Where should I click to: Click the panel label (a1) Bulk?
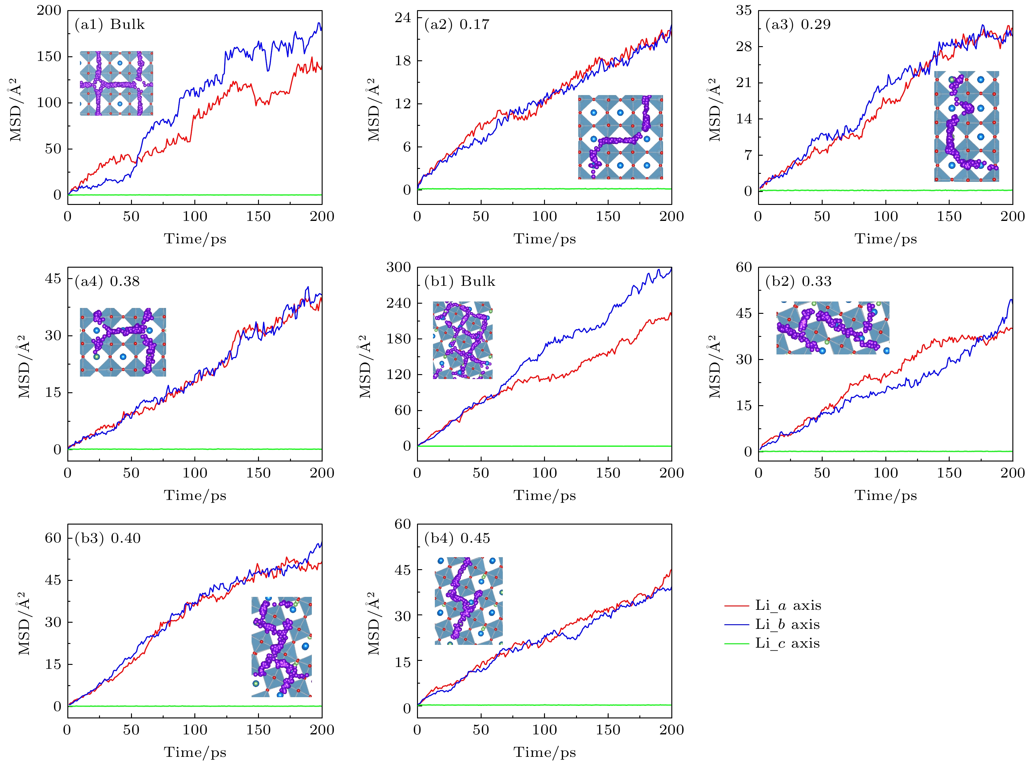(110, 25)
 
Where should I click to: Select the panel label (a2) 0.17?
(457, 25)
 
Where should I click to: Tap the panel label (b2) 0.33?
(798, 281)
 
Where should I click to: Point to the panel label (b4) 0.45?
(457, 538)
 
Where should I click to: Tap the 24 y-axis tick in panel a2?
(403, 18)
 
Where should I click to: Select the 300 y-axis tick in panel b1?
(398, 267)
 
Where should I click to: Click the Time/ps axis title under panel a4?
(195, 496)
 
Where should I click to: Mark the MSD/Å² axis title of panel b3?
(24, 624)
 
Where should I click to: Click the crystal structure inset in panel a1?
(116, 83)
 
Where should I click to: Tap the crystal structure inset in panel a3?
(966, 126)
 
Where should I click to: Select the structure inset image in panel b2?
(832, 328)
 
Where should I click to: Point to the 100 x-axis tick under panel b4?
(544, 730)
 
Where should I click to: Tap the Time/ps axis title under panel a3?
(885, 239)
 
